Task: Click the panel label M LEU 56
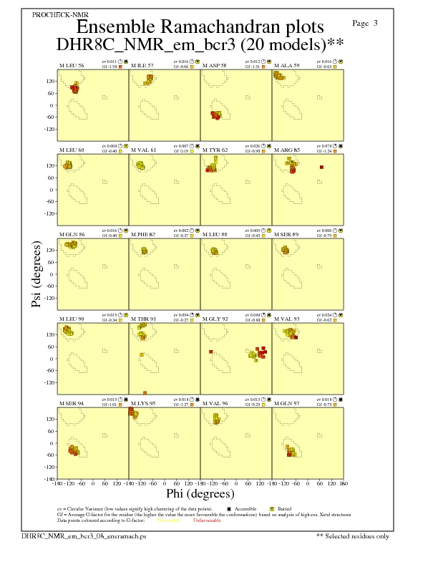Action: (71, 66)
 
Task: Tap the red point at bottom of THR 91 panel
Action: (145, 392)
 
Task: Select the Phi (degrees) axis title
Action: (200, 493)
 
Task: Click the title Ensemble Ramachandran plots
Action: (200, 27)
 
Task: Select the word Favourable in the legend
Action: (168, 520)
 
